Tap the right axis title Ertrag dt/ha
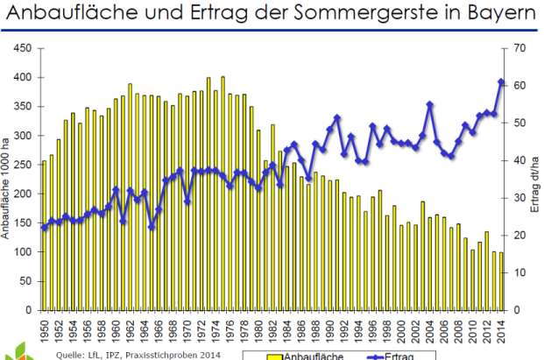coord(534,180)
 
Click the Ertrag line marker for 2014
coord(501,82)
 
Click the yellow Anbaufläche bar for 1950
coord(45,263)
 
